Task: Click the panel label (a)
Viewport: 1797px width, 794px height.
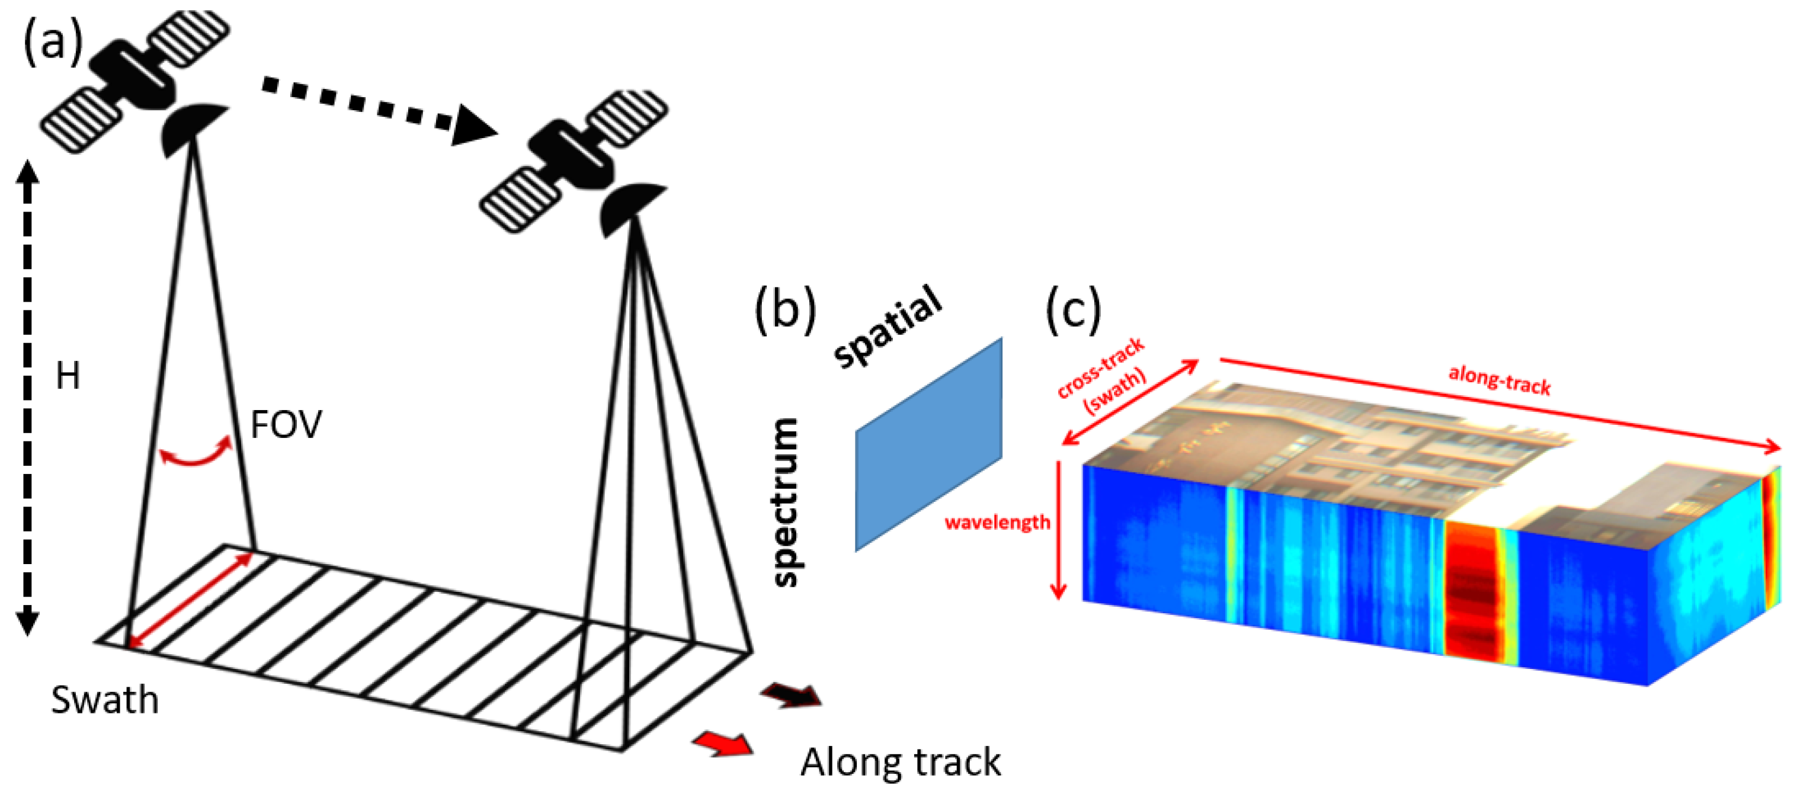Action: click(53, 42)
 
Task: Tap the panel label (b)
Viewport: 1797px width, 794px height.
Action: click(786, 309)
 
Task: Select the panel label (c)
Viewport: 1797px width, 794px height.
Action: click(1074, 309)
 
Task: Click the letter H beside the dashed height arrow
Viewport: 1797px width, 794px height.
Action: click(68, 376)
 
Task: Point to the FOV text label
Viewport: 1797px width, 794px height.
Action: click(286, 424)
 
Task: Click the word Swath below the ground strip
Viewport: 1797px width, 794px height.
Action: click(105, 700)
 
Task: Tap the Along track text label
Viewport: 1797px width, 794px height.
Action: click(901, 762)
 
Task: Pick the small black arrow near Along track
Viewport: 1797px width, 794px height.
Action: click(792, 695)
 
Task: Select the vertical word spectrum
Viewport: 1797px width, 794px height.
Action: click(787, 502)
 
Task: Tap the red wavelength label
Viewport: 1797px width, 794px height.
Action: click(997, 522)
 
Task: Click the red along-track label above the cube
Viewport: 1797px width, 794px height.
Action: click(1499, 380)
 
